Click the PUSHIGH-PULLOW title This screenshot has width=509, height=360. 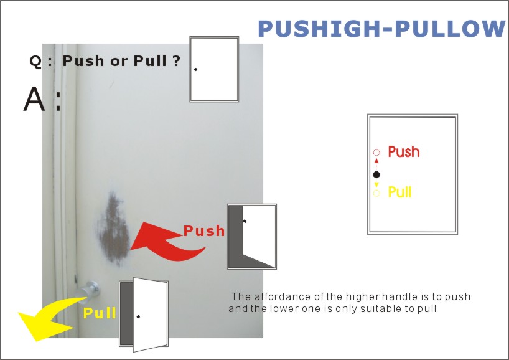point(381,29)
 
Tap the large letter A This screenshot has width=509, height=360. point(35,100)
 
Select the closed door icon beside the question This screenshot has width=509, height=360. point(214,69)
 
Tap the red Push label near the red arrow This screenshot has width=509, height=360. point(204,231)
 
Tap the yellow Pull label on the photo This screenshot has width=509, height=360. point(100,313)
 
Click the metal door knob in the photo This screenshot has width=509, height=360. point(91,289)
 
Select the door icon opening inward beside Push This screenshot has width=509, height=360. point(251,237)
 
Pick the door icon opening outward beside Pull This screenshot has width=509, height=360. point(144,315)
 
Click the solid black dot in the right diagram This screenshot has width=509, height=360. point(376,174)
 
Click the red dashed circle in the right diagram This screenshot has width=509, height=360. point(376,153)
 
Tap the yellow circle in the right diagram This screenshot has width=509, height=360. point(376,194)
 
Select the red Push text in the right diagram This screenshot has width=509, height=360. point(403,151)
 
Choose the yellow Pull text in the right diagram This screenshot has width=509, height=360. point(399,192)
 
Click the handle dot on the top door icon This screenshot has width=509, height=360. point(195,69)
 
